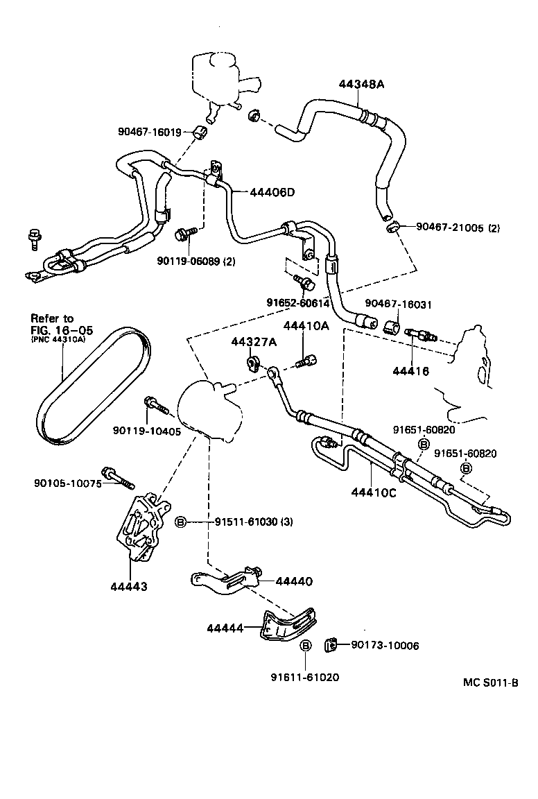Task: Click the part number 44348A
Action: click(x=361, y=84)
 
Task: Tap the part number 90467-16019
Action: click(x=149, y=131)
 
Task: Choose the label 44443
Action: click(x=128, y=587)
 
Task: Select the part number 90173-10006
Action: click(x=385, y=646)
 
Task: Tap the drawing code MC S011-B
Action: click(x=491, y=682)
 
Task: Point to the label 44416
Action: click(x=410, y=371)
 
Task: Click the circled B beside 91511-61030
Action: click(x=180, y=522)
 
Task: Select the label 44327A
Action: click(x=254, y=342)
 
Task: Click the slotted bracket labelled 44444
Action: click(x=288, y=624)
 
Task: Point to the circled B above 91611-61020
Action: click(x=305, y=646)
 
